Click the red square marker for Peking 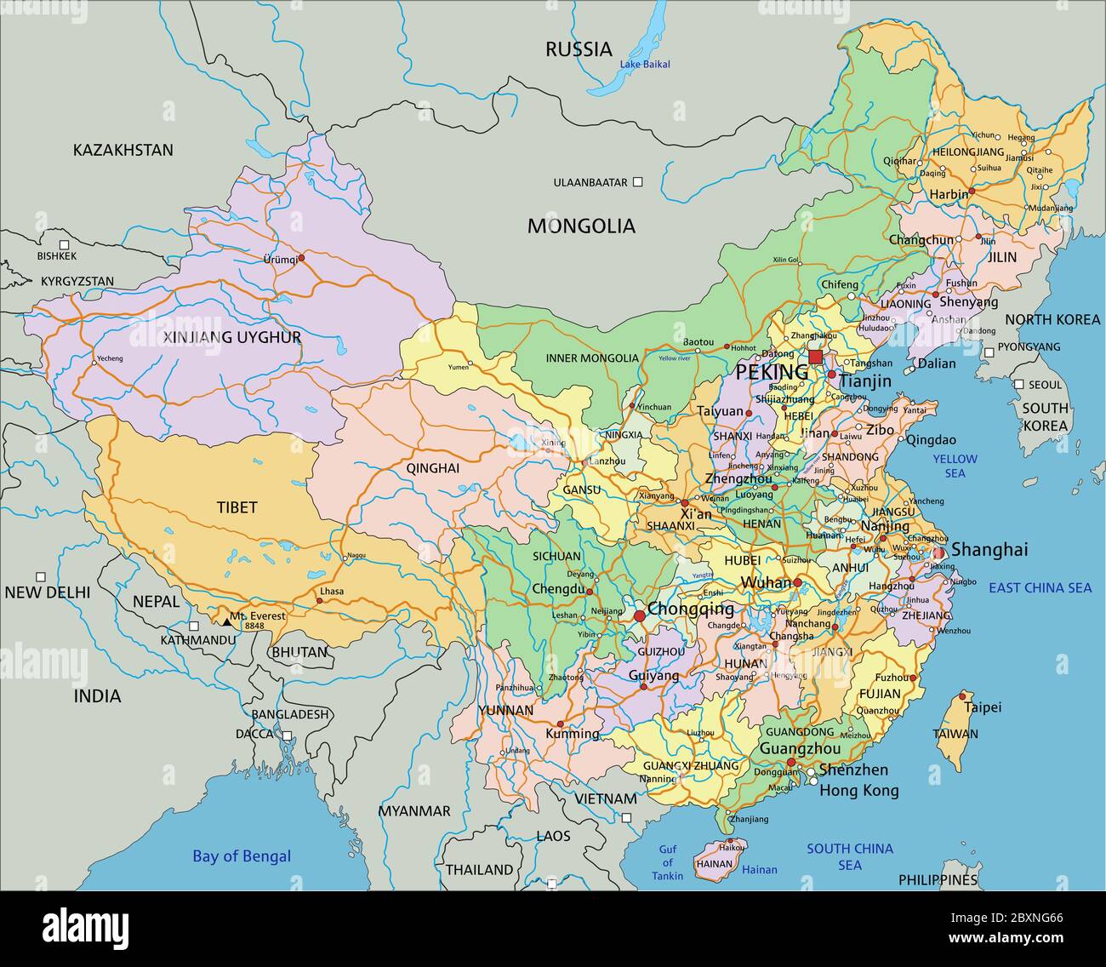(815, 357)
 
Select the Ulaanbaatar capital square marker (638, 182)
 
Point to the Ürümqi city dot (300, 255)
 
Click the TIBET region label (237, 507)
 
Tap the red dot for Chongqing (638, 615)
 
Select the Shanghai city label (989, 550)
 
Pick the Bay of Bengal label (242, 856)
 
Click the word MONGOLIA (581, 226)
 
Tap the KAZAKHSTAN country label (123, 150)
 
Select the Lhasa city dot (320, 601)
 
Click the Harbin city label (948, 194)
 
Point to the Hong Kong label (858, 791)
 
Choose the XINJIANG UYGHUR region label (231, 337)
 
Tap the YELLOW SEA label (955, 466)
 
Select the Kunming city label (572, 733)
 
